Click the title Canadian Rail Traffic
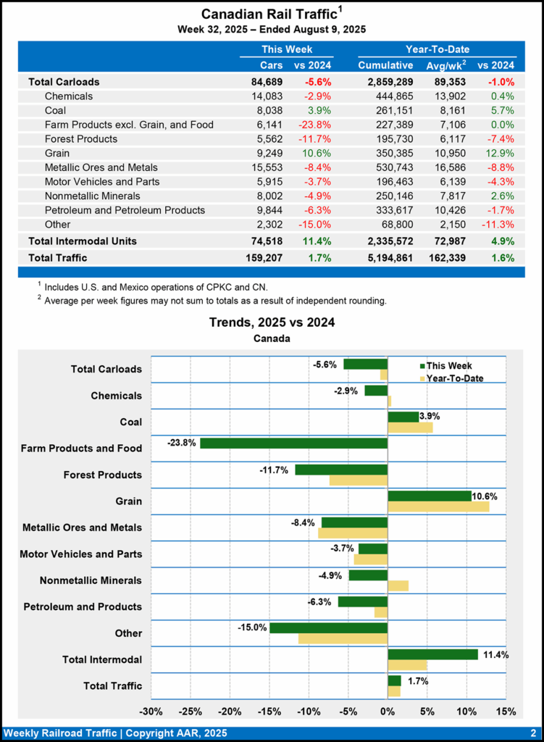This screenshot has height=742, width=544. coord(268,14)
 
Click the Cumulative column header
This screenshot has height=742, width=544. coord(385,66)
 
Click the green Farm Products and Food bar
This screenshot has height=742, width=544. coord(293,443)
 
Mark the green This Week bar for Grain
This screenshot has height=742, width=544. coord(429,496)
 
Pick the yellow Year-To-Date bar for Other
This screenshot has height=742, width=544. coord(343,638)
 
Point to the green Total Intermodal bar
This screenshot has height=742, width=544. coord(432,654)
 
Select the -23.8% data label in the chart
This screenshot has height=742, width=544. coord(181,443)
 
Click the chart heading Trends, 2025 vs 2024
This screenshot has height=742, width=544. coord(272,322)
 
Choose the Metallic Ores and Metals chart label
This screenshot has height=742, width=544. coord(82,528)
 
